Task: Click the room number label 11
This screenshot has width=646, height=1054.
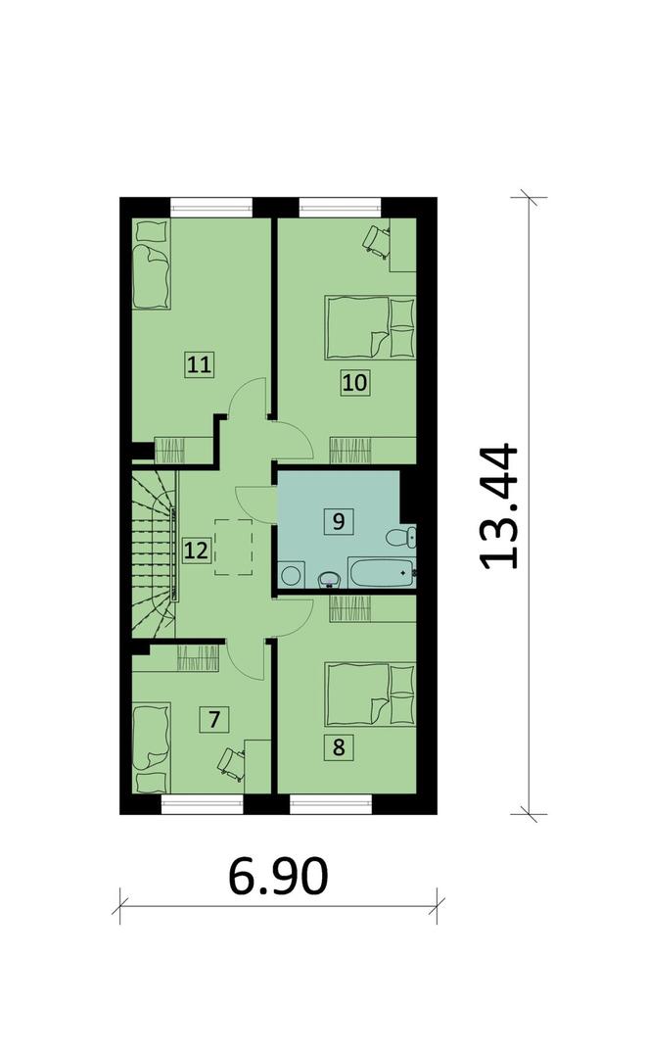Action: (x=200, y=365)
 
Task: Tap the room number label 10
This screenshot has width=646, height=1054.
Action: (x=355, y=382)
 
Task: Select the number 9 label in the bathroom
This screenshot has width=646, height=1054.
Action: (x=339, y=521)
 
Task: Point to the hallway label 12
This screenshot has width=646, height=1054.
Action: (x=196, y=551)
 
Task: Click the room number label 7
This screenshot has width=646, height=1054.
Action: (x=214, y=719)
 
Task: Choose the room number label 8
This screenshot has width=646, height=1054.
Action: (x=339, y=746)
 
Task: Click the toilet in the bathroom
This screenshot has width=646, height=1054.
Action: (x=402, y=538)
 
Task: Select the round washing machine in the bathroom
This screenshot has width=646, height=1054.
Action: (x=291, y=575)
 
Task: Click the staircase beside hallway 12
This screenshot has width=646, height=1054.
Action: (x=154, y=553)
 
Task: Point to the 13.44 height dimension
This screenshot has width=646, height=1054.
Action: (x=499, y=505)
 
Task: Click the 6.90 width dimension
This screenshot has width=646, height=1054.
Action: (x=278, y=877)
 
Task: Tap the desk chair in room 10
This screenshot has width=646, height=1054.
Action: (x=376, y=241)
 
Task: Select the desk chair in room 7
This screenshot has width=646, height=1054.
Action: (x=230, y=764)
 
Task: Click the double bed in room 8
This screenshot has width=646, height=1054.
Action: (x=370, y=695)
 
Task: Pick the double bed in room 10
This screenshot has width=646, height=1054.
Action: (x=370, y=327)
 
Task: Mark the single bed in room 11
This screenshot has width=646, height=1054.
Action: (x=151, y=264)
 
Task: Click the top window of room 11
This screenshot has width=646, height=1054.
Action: (x=211, y=207)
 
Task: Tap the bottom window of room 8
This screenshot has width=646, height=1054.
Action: (x=331, y=804)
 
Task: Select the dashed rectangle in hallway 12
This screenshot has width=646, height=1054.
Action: (x=234, y=548)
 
